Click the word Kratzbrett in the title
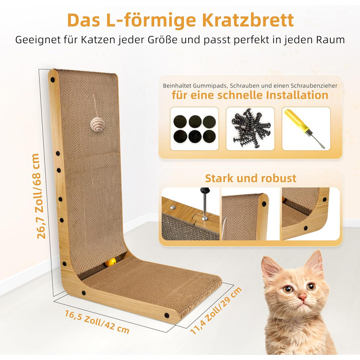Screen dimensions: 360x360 (x=248, y=20)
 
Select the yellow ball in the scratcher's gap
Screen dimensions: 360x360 (x=111, y=262)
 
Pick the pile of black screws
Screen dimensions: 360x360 (x=251, y=128)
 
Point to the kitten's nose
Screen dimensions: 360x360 (x=302, y=297)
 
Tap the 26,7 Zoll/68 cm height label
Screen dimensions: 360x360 (x=38, y=196)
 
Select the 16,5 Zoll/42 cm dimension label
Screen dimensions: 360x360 (x=97, y=321)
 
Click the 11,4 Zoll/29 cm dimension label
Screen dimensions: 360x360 (x=216, y=310)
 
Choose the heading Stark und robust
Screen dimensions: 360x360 (x=250, y=178)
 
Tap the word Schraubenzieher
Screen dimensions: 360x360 (x=314, y=86)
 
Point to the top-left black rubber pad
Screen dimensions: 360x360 (x=180, y=121)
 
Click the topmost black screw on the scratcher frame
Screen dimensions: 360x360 (x=52, y=80)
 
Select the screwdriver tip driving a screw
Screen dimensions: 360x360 (x=204, y=216)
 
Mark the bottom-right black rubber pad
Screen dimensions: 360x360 (x=209, y=136)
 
